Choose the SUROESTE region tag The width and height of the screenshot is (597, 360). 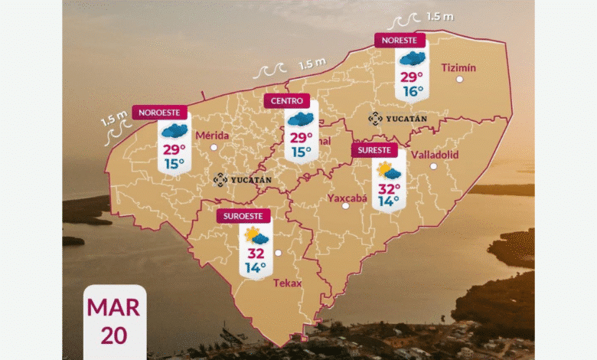pyautogui.click(x=243, y=216)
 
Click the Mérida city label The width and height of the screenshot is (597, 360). pyautogui.click(x=213, y=136)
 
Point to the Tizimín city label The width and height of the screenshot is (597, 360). pyautogui.click(x=459, y=67)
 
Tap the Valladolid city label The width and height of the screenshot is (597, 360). pyautogui.click(x=435, y=154)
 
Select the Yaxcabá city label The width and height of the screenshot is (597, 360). pyautogui.click(x=347, y=198)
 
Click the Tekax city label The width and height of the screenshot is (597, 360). pyautogui.click(x=287, y=283)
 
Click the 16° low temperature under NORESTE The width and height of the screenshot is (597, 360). pyautogui.click(x=413, y=91)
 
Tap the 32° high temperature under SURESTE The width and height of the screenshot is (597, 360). pyautogui.click(x=388, y=188)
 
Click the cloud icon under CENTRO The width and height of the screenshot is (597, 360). pyautogui.click(x=301, y=119)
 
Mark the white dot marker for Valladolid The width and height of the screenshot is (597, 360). pyautogui.click(x=433, y=166)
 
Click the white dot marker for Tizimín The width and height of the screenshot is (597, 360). pyautogui.click(x=458, y=79)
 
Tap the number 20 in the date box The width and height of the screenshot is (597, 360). pyautogui.click(x=113, y=335)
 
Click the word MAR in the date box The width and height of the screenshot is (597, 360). pyautogui.click(x=113, y=307)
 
